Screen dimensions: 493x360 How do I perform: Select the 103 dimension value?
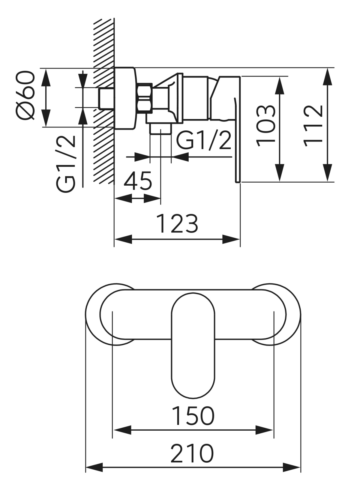[266, 125]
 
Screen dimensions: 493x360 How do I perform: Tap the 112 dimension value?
[313, 126]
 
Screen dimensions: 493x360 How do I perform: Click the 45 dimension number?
[138, 181]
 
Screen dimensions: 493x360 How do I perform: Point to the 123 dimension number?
[178, 223]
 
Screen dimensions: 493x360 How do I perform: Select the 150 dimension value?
[193, 416]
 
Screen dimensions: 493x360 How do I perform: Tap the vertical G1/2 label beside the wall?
[65, 163]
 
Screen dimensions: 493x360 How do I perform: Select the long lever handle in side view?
[237, 144]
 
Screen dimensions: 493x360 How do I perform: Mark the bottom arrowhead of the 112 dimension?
[328, 174]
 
